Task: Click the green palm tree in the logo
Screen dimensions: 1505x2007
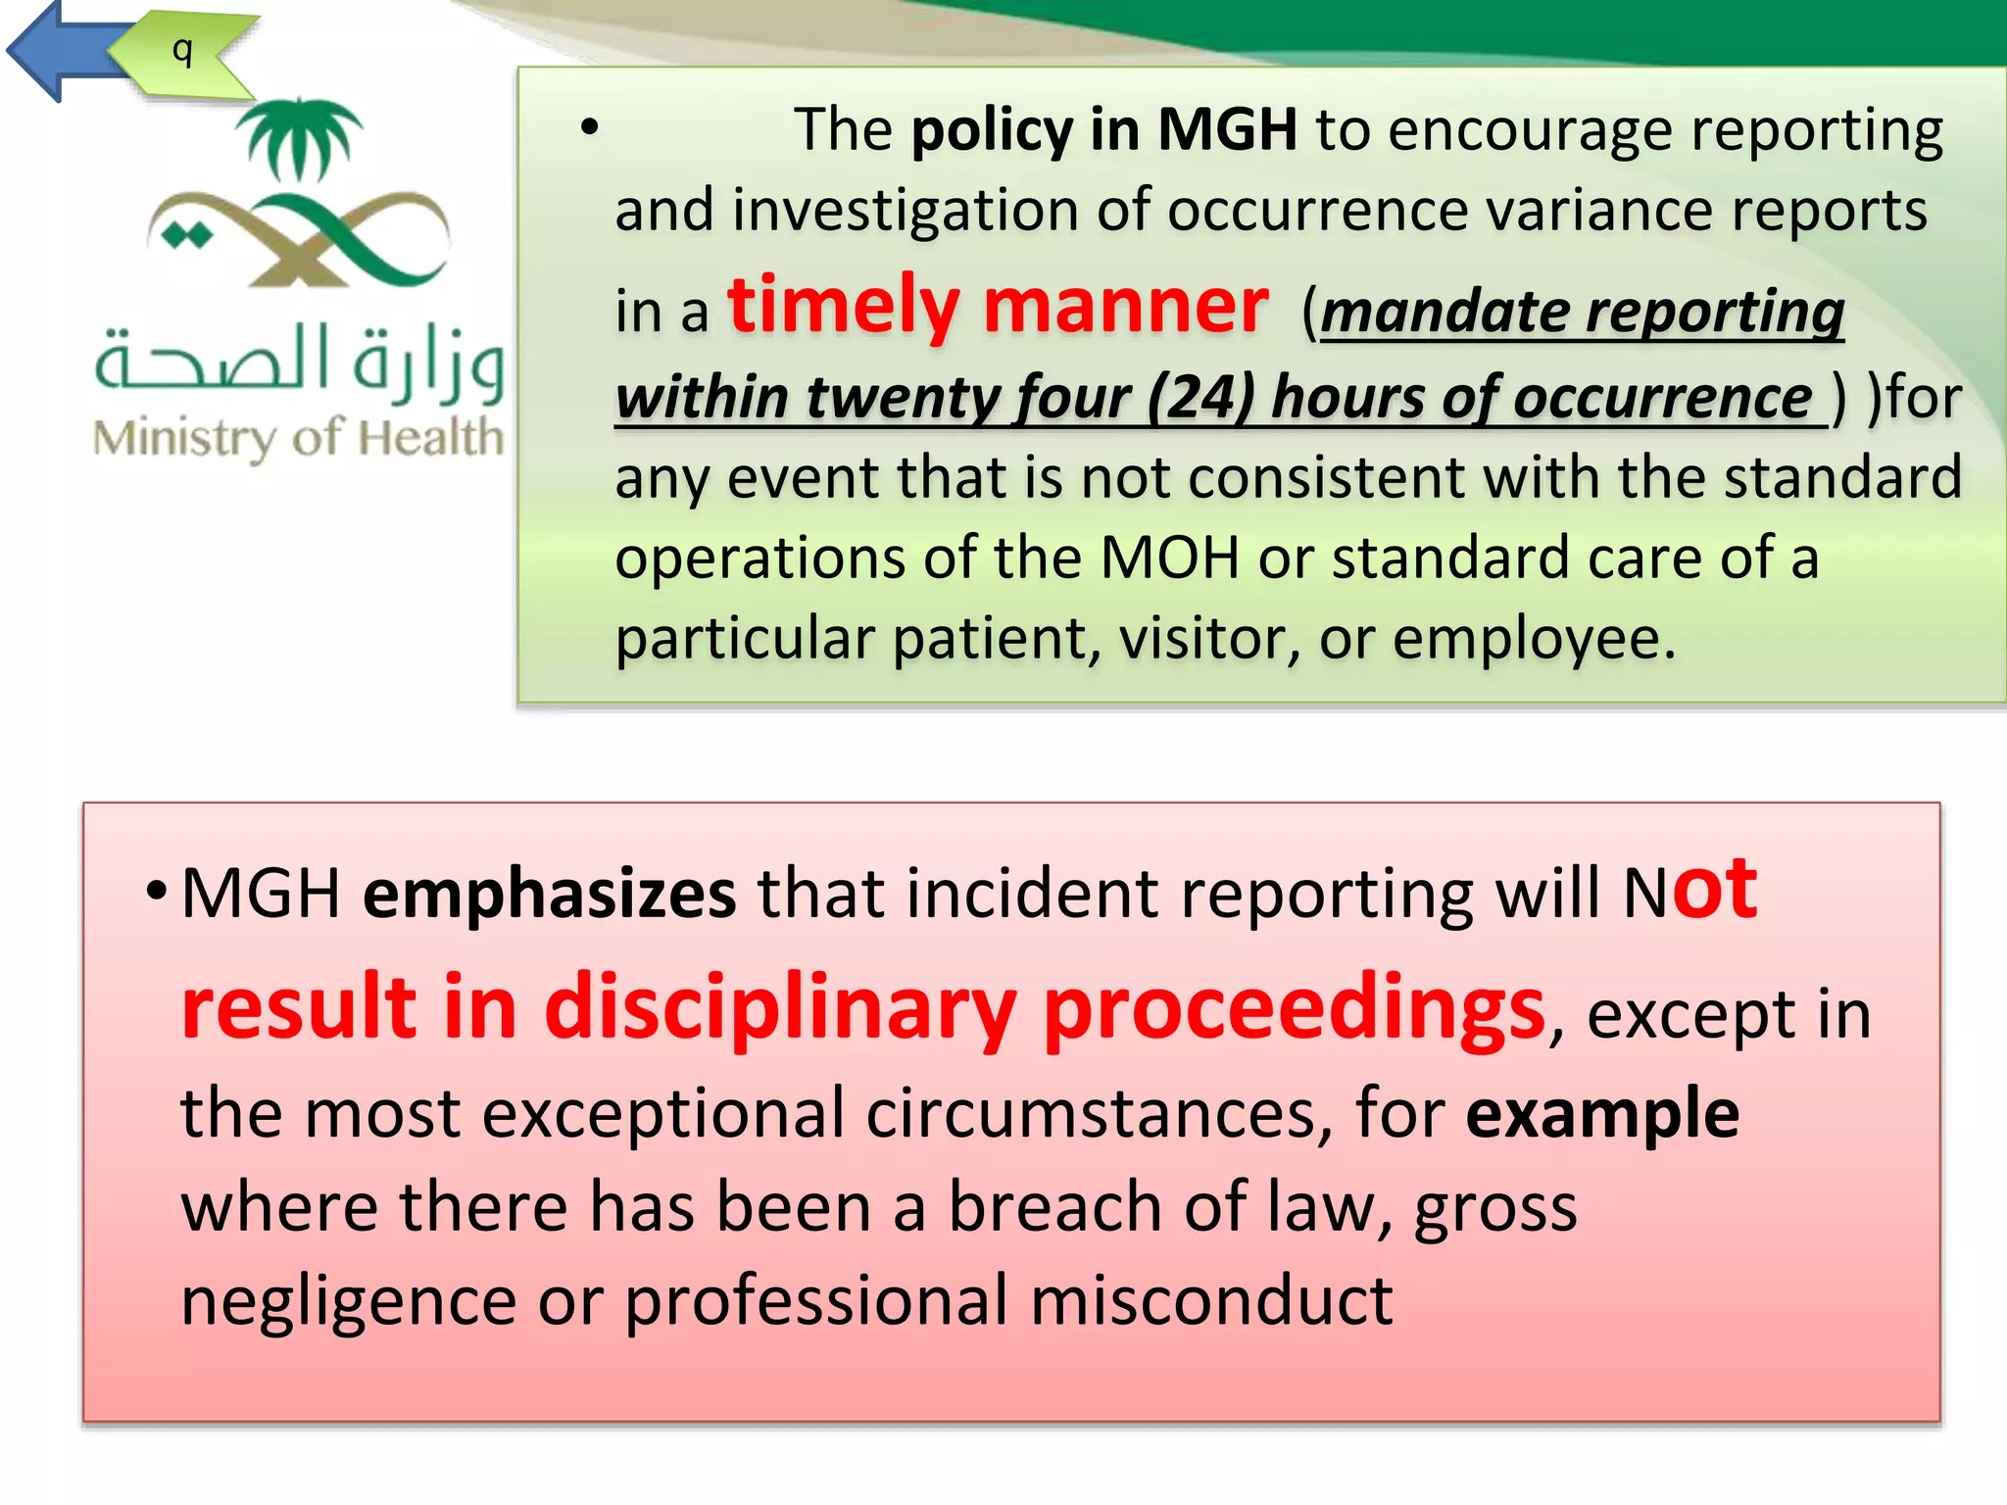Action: point(299,137)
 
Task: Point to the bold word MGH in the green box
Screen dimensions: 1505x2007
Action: point(1227,129)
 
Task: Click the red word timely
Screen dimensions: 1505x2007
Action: point(843,306)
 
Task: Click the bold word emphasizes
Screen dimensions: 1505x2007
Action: point(549,894)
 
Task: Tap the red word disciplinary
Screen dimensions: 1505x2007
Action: point(780,1009)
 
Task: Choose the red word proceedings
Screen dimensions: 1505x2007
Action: point(1294,1009)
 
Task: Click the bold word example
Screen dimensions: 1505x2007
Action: point(1602,1114)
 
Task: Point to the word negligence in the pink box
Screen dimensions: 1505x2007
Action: point(348,1301)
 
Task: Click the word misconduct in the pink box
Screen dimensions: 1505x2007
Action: point(1211,1301)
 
